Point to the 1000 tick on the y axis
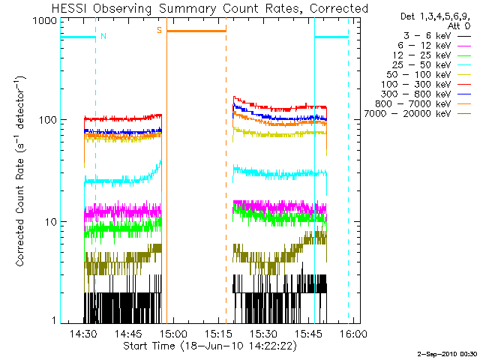[46, 21]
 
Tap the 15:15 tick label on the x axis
[218, 333]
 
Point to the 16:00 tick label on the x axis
[353, 333]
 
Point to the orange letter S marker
[159, 30]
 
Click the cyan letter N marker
[103, 35]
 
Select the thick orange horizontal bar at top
[196, 31]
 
